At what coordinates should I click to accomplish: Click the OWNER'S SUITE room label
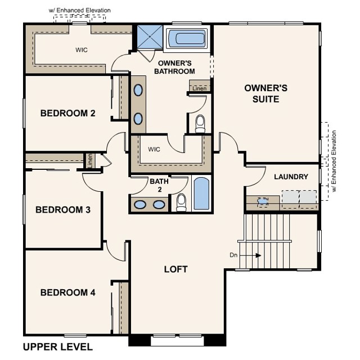coord(265,93)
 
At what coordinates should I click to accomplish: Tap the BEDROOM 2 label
coord(67,113)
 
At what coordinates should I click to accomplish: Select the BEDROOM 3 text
coord(63,210)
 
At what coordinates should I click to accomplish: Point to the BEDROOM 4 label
coord(67,292)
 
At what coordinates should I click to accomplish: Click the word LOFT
coord(175,269)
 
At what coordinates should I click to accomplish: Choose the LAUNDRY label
coord(291,177)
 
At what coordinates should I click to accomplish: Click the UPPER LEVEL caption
coord(57,346)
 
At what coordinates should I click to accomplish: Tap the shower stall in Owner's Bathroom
coord(150,37)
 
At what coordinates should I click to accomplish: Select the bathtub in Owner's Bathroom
coord(187,38)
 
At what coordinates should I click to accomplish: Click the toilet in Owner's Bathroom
coord(200,124)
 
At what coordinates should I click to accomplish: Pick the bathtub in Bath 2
coord(201,193)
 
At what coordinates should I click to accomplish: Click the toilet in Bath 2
coord(181,202)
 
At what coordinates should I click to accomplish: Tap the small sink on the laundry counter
coord(263,200)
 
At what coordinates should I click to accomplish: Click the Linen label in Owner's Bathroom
coord(199,88)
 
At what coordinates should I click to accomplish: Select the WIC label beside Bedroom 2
coord(154,150)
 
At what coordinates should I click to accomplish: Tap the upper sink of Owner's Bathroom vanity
coord(138,90)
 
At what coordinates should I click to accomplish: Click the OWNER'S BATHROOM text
coord(176,67)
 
